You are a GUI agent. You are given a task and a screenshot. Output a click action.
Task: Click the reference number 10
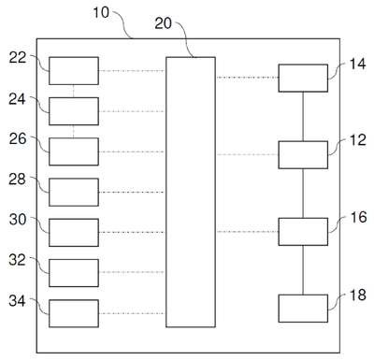pyautogui.click(x=101, y=12)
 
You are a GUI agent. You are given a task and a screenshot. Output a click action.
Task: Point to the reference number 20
pyautogui.click(x=164, y=23)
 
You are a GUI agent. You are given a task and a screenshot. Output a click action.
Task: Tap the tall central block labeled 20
pyautogui.click(x=191, y=192)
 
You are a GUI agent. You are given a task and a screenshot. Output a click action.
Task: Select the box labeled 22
pyautogui.click(x=74, y=71)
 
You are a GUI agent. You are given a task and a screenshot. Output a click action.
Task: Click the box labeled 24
pyautogui.click(x=74, y=111)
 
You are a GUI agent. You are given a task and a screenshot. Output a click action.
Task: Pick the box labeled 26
pyautogui.click(x=74, y=151)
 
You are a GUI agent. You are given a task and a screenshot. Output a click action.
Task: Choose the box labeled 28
pyautogui.click(x=74, y=193)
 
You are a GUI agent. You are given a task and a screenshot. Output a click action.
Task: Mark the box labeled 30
pyautogui.click(x=74, y=233)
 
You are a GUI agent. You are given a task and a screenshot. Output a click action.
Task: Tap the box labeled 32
pyautogui.click(x=74, y=273)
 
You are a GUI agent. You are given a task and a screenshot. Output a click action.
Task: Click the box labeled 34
pyautogui.click(x=74, y=313)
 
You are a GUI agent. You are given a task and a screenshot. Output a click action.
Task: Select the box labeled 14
pyautogui.click(x=303, y=79)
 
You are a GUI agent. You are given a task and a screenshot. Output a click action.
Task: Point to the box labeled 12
pyautogui.click(x=303, y=155)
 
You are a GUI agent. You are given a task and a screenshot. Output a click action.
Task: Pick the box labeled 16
pyautogui.click(x=303, y=232)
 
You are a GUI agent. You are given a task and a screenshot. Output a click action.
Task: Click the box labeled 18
pyautogui.click(x=303, y=309)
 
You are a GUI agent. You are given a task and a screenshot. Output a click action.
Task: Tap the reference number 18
pyautogui.click(x=358, y=295)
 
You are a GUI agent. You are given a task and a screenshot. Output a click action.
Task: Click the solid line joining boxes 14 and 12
pyautogui.click(x=303, y=117)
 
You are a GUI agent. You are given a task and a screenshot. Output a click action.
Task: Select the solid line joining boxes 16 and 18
pyautogui.click(x=303, y=270)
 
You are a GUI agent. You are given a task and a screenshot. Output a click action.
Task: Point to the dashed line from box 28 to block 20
pyautogui.click(x=132, y=192)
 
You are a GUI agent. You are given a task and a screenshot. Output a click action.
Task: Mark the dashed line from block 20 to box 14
pyautogui.click(x=247, y=78)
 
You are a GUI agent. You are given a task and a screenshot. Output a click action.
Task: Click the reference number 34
pyautogui.click(x=17, y=301)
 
